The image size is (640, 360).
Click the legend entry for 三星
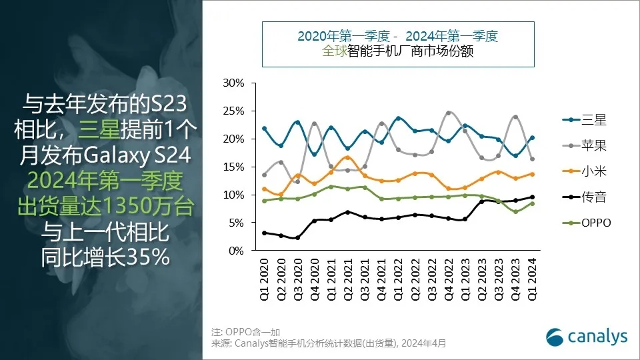581,120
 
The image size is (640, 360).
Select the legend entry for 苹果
581,145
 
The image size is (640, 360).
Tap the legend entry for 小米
581,171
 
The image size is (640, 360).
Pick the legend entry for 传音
581,197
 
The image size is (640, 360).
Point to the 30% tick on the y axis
234,83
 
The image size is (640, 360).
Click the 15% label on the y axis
234,167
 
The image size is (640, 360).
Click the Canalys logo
587,337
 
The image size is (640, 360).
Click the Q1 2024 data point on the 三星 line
531,138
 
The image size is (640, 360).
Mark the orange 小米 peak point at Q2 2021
347,157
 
